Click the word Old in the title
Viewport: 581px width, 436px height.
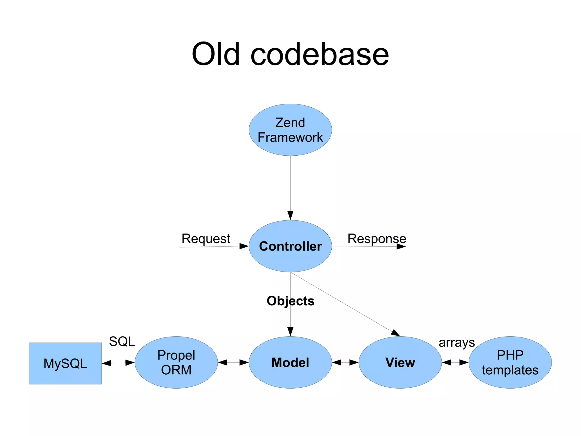pyautogui.click(x=216, y=54)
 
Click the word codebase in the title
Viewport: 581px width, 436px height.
pyautogui.click(x=320, y=54)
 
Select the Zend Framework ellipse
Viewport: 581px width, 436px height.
pyautogui.click(x=290, y=130)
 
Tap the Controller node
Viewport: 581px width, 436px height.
pyautogui.click(x=290, y=246)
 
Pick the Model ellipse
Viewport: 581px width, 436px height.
pyautogui.click(x=290, y=362)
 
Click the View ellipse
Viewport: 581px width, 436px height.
pyautogui.click(x=400, y=362)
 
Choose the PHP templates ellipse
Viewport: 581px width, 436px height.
pyautogui.click(x=510, y=362)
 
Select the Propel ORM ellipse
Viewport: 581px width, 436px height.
pyautogui.click(x=176, y=362)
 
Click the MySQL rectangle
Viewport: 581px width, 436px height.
pyautogui.click(x=65, y=363)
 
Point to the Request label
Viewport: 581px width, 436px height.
pyautogui.click(x=206, y=239)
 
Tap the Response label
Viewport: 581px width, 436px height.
pyautogui.click(x=377, y=239)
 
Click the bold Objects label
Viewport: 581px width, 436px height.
pyautogui.click(x=290, y=301)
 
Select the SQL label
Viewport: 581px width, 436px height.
pyautogui.click(x=122, y=341)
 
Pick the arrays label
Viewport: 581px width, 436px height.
pyautogui.click(x=456, y=343)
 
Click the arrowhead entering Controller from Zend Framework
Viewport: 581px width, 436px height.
pyautogui.click(x=290, y=215)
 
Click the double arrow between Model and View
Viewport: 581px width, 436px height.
pyautogui.click(x=345, y=362)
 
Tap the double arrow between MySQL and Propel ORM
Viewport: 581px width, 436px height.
pyautogui.click(x=118, y=363)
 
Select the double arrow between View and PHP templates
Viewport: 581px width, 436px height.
pyautogui.click(x=455, y=362)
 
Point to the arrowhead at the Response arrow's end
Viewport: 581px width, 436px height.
pyautogui.click(x=401, y=247)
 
